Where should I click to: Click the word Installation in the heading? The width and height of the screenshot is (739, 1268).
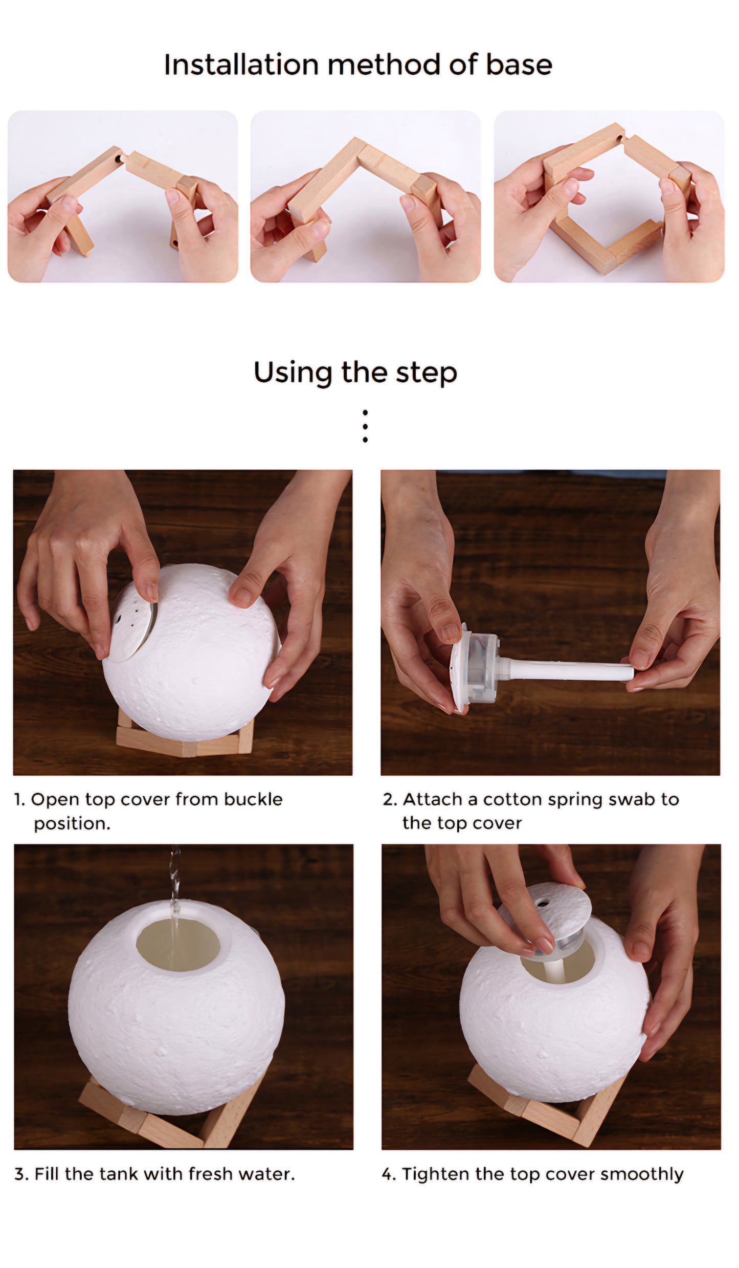(x=241, y=65)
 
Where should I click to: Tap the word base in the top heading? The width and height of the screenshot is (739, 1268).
(x=519, y=65)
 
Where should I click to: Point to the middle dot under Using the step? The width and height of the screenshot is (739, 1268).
(x=365, y=426)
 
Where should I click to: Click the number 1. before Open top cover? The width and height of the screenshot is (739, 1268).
(x=19, y=800)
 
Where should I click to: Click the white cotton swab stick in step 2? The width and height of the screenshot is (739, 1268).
(x=568, y=670)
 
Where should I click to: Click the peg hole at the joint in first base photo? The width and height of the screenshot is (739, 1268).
(x=119, y=159)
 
